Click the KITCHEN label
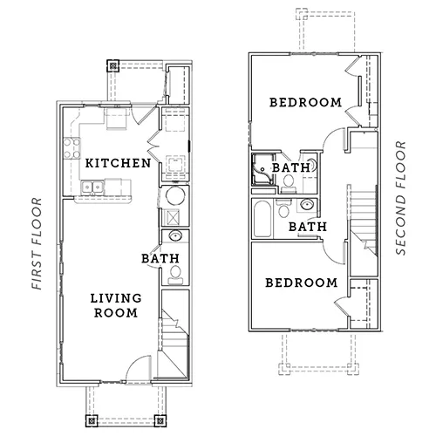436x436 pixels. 118,163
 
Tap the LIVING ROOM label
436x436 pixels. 116,305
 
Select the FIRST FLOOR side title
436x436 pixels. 37,243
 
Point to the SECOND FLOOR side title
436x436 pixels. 401,198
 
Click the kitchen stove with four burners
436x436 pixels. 72,148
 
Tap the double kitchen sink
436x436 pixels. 92,187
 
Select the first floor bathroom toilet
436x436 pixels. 175,275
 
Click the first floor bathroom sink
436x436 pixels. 175,236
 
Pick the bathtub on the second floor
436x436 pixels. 262,219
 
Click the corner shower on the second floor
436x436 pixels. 262,170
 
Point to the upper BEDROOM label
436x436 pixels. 305,103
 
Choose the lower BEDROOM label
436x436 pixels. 302,283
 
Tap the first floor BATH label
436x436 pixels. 160,258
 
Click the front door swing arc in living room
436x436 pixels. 134,362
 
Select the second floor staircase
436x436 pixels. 363,220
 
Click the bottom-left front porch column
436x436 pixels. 92,420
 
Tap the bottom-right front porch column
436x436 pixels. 160,420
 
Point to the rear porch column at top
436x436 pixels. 112,66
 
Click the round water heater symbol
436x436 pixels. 175,196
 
